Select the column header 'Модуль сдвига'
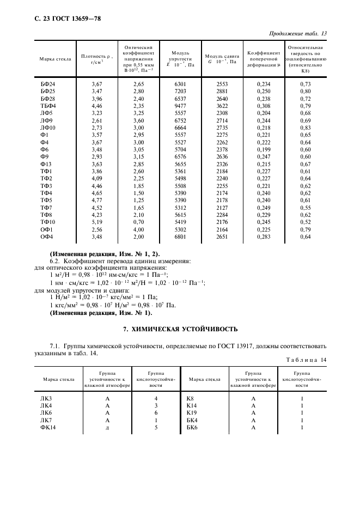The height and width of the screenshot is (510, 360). coord(221,56)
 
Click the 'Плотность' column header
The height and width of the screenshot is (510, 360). coord(96,56)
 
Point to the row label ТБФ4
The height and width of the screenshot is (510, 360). coord(48,105)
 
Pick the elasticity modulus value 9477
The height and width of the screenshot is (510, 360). coord(180,105)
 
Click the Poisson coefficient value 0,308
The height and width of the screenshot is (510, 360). coord(264,105)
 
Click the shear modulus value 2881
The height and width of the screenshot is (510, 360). coord(222,90)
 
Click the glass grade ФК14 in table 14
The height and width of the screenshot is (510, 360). coord(47,427)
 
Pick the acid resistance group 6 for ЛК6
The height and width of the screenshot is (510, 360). coord(156,413)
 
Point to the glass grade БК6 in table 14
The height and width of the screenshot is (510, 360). coord(193,427)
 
